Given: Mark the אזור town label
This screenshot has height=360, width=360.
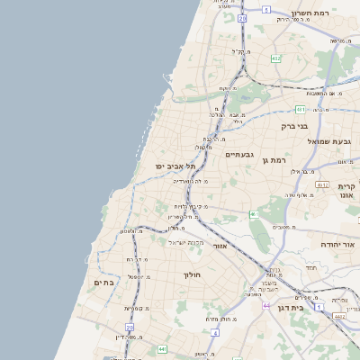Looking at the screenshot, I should pyautogui.click(x=224, y=244).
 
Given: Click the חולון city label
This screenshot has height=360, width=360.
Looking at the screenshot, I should pyautogui.click(x=193, y=274).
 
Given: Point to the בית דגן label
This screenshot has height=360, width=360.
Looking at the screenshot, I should pyautogui.click(x=310, y=306).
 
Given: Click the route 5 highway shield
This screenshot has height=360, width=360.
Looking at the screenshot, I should pyautogui.click(x=266, y=9).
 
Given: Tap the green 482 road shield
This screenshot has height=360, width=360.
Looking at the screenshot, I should pyautogui.click(x=275, y=58).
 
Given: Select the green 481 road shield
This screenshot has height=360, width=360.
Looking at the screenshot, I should pyautogui.click(x=300, y=109).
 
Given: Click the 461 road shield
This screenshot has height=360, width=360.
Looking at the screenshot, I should pyautogui.click(x=255, y=214).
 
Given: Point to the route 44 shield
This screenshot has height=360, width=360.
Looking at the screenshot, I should pyautogui.click(x=266, y=305).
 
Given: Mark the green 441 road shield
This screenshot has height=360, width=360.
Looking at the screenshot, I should pyautogui.click(x=162, y=348).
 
